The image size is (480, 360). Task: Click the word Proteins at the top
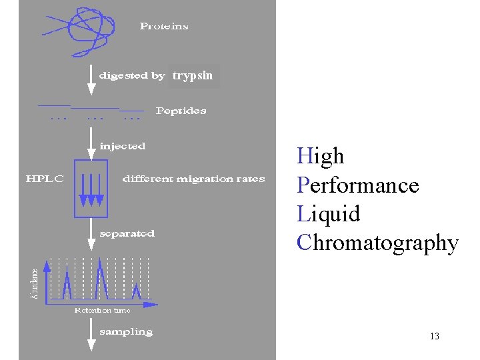pos(164,27)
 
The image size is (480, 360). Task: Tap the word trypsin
pos(193,76)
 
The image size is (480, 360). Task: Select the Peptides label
pos(181,111)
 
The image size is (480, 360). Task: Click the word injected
pos(122,145)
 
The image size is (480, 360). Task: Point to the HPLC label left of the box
pos(45,179)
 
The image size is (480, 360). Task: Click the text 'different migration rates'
pos(193,179)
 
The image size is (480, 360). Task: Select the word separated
pos(127,233)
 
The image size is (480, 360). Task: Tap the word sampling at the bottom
pos(125,331)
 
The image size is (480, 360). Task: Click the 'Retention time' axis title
pos(102,310)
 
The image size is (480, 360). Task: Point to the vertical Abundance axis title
pos(35,283)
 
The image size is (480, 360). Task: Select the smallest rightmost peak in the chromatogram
pos(136,292)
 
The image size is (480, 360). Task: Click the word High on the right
pos(321,156)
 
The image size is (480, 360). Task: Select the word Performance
pos(358,185)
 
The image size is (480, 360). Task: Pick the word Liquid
pos(329,214)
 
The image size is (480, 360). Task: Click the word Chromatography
pos(377,243)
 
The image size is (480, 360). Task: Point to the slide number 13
pos(435,336)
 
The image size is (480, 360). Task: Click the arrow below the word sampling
pos(91,343)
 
